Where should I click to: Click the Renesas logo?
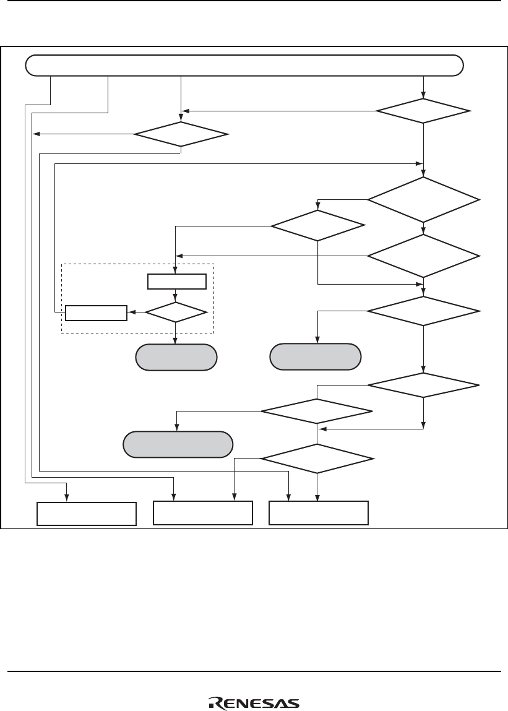pos(253,702)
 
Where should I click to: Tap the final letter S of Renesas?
pos(294,703)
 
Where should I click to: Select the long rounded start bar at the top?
pos(244,64)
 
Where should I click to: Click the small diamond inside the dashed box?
pos(176,312)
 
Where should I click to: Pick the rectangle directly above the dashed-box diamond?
pos(176,282)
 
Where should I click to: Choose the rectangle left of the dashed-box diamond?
pos(96,313)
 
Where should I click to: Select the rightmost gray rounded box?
pos(316,356)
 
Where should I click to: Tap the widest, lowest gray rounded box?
pos(178,444)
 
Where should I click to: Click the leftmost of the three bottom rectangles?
pos(86,514)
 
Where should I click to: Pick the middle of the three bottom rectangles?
pos(203,513)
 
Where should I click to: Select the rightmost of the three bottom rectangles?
pos(319,513)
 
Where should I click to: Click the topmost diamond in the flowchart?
pos(423,111)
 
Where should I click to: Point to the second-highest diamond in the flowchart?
pos(181,134)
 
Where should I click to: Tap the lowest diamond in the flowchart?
pos(317,459)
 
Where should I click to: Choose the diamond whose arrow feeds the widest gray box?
pos(317,412)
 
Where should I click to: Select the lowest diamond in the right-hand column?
pos(423,386)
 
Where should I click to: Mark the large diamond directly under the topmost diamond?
pos(423,199)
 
